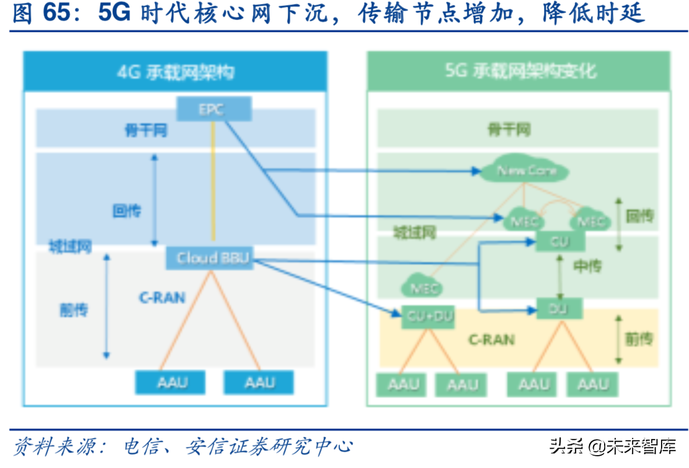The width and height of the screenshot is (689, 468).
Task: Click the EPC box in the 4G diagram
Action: click(213, 109)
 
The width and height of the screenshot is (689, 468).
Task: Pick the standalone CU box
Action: click(560, 241)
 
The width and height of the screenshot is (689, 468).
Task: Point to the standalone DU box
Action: click(559, 308)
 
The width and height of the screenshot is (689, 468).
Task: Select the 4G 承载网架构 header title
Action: click(175, 72)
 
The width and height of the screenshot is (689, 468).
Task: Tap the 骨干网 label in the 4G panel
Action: click(146, 131)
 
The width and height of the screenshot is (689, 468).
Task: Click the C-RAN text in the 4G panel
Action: click(162, 298)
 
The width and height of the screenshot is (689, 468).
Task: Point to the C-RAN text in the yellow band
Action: click(491, 339)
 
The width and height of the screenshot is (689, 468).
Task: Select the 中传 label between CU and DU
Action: click(587, 266)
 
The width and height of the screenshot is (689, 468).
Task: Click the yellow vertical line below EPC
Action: click(213, 182)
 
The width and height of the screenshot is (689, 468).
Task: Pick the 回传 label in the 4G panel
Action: click(127, 211)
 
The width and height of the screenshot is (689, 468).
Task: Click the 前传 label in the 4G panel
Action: click(73, 309)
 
